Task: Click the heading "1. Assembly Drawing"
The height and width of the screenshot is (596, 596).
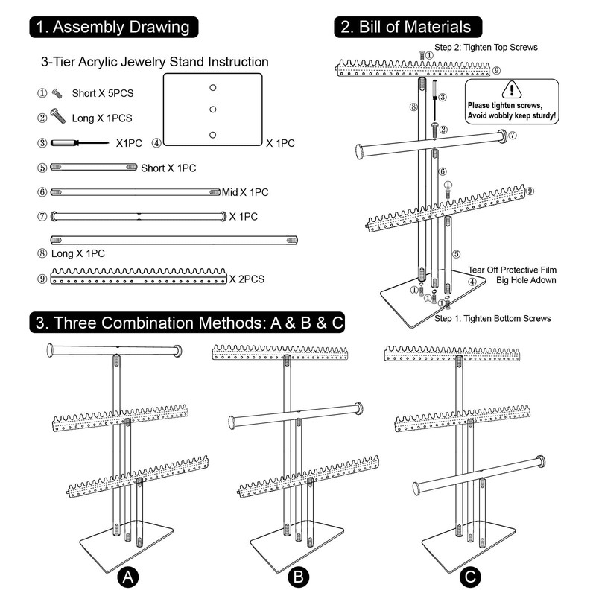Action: click(115, 28)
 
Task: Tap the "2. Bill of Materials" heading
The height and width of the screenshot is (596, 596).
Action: click(407, 27)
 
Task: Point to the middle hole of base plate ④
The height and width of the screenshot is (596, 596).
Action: click(212, 110)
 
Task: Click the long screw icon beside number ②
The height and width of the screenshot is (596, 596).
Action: click(58, 116)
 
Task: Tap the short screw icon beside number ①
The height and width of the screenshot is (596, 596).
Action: click(57, 93)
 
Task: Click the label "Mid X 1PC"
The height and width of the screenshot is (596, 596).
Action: click(245, 192)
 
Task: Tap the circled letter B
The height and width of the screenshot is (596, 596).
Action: click(298, 577)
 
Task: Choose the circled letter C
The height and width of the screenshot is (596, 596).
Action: click(469, 577)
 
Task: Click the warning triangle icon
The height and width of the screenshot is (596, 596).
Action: click(510, 90)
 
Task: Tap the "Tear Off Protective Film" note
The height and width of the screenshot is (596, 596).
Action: click(512, 269)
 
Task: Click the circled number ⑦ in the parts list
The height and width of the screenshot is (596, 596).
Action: click(42, 216)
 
